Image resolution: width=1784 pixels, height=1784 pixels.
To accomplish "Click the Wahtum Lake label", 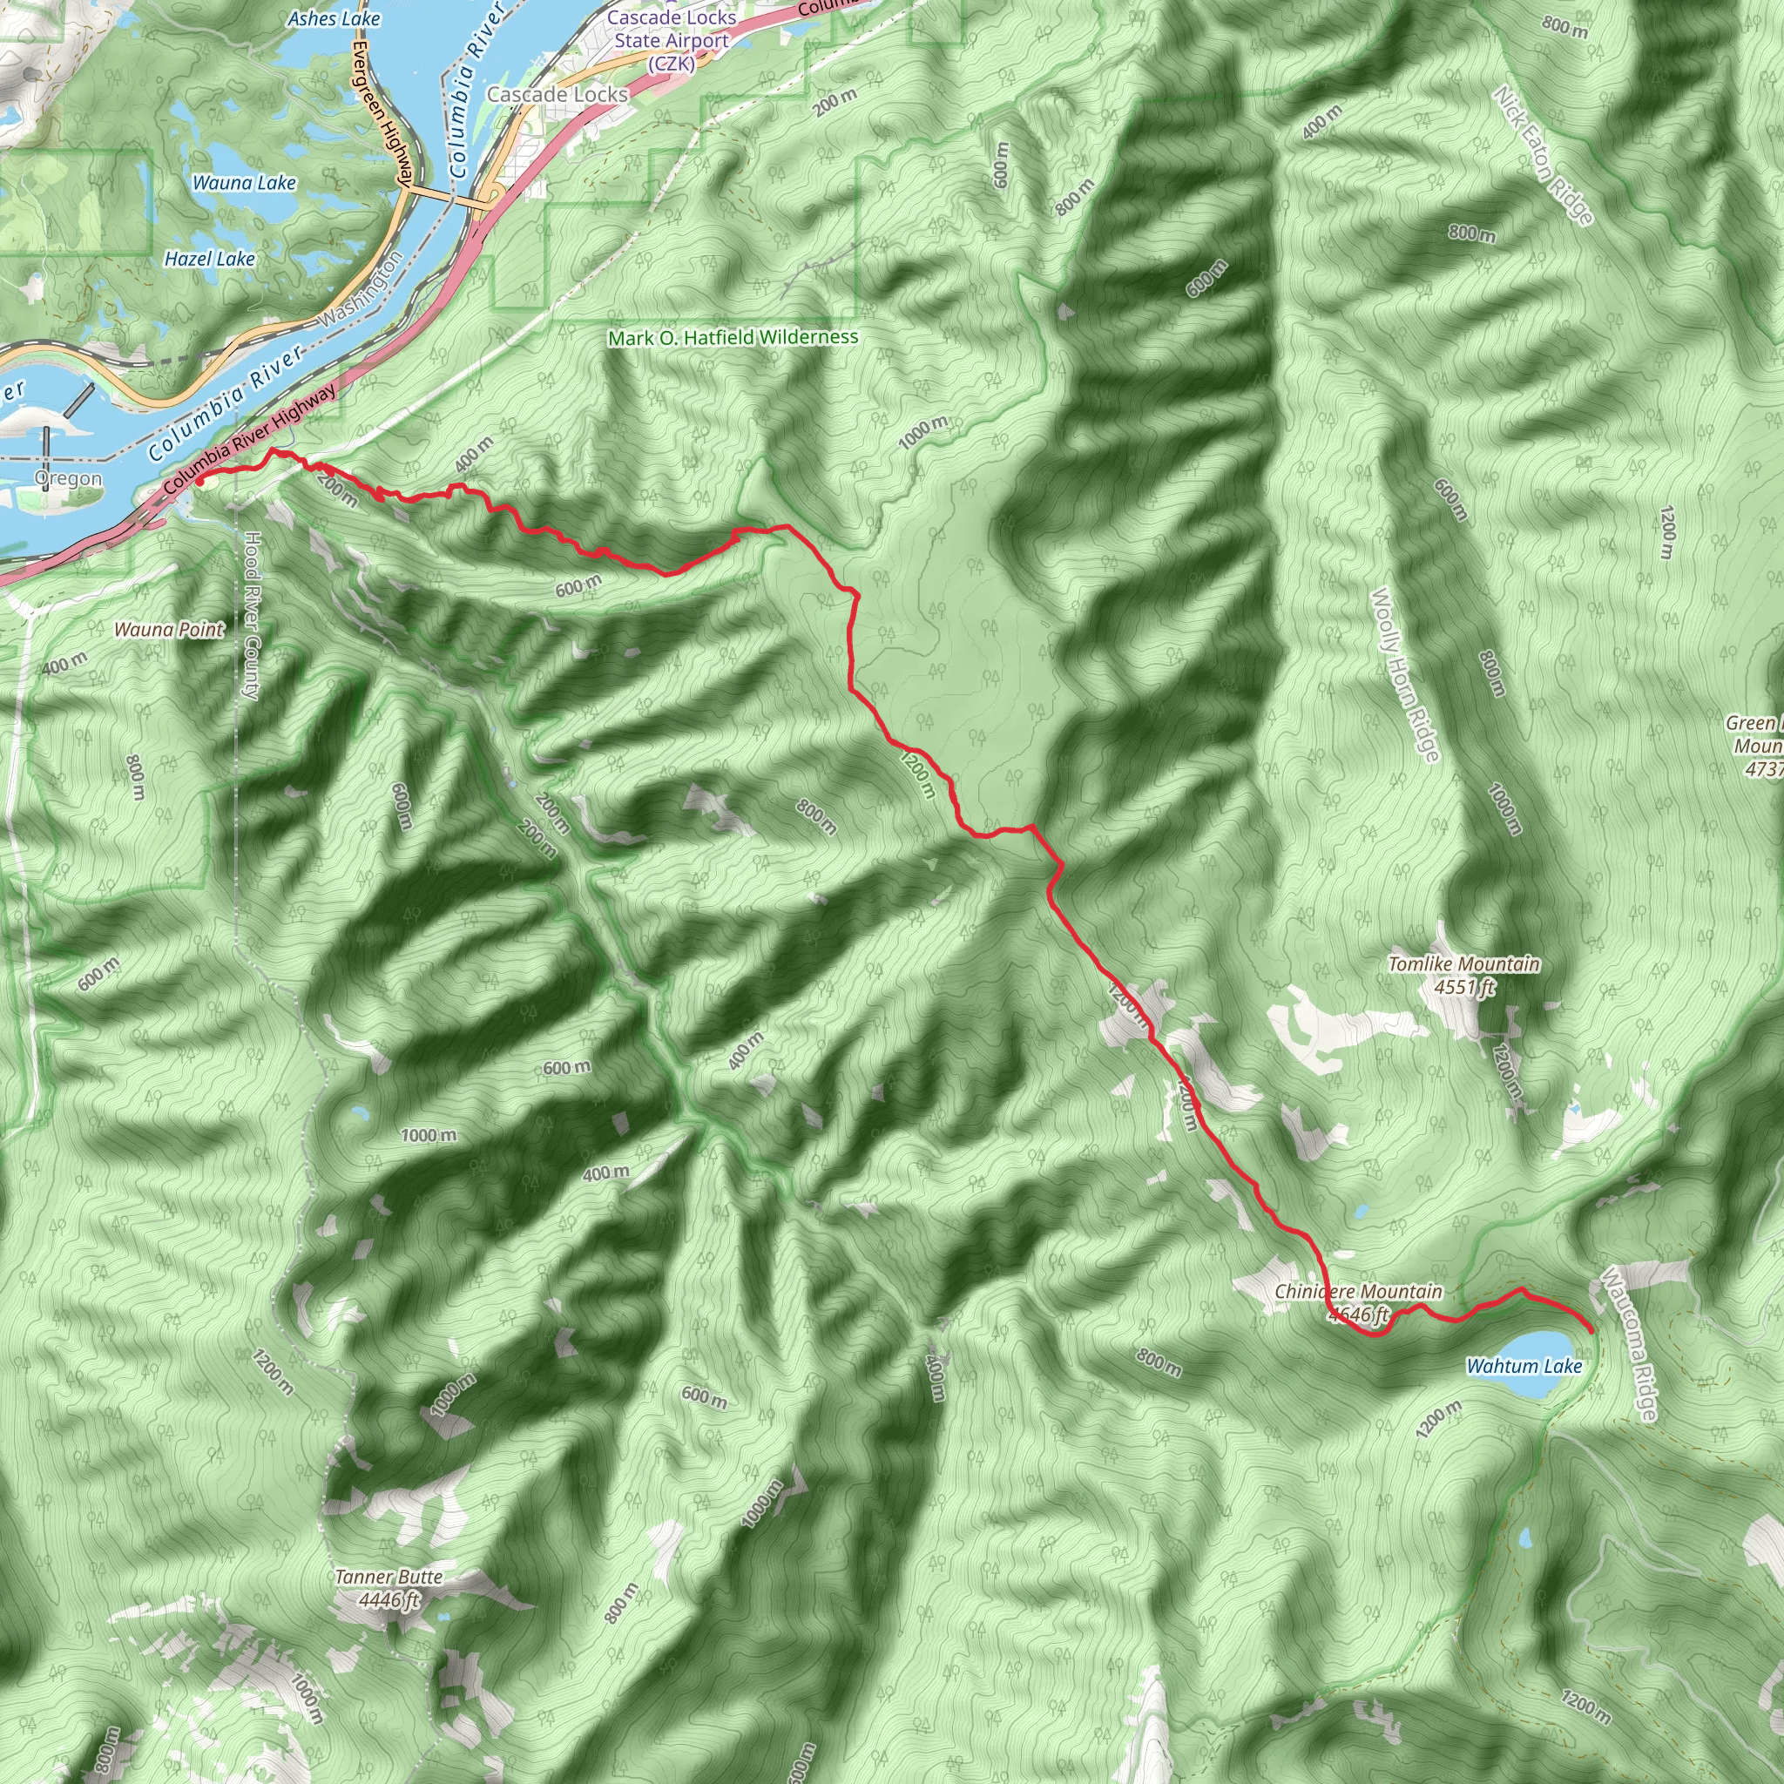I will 1524,1366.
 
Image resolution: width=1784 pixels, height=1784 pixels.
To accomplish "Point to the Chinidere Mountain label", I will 1357,1302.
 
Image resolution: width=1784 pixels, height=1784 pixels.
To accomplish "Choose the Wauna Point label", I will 169,630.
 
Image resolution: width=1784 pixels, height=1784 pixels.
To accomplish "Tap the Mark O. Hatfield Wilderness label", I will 733,338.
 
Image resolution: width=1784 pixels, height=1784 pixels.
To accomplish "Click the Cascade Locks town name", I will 557,94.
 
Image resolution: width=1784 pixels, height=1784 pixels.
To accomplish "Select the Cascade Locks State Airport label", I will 672,41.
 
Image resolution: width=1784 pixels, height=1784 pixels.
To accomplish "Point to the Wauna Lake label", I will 244,183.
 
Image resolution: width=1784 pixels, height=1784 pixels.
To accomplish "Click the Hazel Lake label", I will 210,259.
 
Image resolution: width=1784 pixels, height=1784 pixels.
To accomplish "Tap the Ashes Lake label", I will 334,18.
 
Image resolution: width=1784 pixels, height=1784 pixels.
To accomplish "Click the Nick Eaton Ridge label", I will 1543,154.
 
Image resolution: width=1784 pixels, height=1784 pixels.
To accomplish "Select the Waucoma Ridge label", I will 1630,1344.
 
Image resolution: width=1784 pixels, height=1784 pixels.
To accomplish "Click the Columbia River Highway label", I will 249,439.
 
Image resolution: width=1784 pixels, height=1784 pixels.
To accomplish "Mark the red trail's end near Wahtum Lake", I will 1590,1329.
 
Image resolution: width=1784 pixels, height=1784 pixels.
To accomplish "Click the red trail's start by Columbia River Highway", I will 199,480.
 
